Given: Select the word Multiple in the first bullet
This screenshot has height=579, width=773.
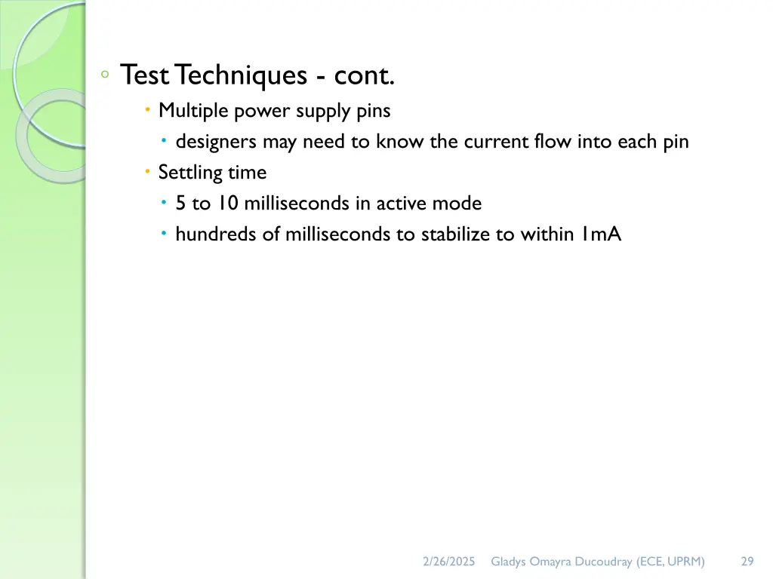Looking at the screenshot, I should (193, 111).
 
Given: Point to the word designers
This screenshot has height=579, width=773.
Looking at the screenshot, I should (217, 142).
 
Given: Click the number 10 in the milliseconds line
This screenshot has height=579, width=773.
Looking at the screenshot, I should (227, 204).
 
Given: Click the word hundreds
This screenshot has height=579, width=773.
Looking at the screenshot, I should (216, 234).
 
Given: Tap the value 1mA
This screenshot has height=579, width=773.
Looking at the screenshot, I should (601, 234).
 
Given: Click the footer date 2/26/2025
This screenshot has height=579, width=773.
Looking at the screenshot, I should (448, 561).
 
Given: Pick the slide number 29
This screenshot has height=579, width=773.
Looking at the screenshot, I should (747, 561).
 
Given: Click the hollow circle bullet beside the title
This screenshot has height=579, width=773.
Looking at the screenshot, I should (106, 74).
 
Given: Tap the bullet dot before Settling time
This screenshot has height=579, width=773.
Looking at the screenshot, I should (148, 173).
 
